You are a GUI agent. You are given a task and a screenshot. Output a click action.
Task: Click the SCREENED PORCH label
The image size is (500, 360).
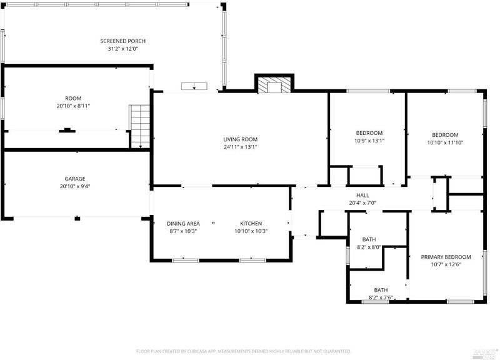coord(122,41)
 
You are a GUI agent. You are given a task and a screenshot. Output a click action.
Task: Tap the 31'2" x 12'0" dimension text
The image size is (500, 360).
coord(122,49)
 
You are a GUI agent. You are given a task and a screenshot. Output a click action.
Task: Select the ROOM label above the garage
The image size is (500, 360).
coord(73,99)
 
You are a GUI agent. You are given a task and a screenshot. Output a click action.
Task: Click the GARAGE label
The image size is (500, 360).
coord(75,179)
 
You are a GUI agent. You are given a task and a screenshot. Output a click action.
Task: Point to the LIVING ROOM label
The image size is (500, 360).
coord(240,139)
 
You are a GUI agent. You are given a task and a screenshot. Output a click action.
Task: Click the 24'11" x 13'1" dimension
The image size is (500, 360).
coord(240,147)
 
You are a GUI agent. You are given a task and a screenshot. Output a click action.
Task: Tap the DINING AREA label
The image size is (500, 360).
coord(183,224)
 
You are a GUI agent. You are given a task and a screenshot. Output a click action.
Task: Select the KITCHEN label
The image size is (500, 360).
coord(251,224)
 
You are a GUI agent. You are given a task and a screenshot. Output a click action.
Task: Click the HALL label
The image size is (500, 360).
coord(362,195)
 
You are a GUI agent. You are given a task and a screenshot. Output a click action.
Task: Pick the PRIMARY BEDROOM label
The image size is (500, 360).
coord(446,257)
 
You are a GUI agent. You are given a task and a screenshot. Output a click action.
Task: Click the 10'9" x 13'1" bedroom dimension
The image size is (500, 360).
coord(369,141)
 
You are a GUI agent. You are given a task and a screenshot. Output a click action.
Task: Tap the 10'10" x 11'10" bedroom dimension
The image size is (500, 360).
coord(445,142)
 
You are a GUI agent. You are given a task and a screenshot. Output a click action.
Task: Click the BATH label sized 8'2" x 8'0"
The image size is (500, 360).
coord(369,239)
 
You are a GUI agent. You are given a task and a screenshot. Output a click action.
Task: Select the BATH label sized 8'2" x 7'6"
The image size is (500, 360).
coord(381,290)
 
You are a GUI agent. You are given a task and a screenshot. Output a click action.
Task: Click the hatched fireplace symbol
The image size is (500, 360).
coord(274,84)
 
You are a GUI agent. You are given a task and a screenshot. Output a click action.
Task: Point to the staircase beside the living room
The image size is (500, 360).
coord(139,126)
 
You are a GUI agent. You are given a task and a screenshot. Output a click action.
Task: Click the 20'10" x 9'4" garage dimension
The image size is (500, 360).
coord(75,186)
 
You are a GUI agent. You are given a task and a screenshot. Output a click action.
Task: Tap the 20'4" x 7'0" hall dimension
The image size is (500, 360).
coord(362,202)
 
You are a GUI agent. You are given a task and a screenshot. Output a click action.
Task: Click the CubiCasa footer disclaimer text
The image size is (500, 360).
coord(244,351)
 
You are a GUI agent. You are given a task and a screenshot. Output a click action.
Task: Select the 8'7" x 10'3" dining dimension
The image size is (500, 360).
coord(183,231)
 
